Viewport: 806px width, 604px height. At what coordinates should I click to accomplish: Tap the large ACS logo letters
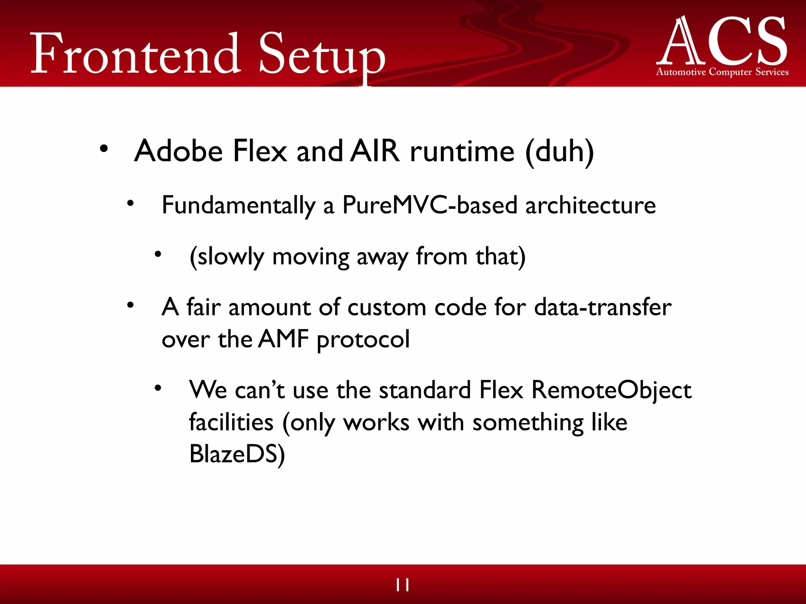[722, 41]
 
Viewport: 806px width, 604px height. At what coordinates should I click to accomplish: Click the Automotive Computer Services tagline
[722, 72]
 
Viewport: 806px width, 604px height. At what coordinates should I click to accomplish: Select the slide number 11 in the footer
[403, 585]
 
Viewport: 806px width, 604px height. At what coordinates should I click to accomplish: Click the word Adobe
[178, 151]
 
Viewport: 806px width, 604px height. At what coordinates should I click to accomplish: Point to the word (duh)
[560, 152]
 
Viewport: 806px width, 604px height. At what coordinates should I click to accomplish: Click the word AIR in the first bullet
[375, 151]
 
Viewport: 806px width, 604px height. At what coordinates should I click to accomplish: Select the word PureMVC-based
[429, 205]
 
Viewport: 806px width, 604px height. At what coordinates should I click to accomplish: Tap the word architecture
[590, 205]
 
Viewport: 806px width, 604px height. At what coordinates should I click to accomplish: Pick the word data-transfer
[603, 307]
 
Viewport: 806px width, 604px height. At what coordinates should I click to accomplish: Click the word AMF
[284, 339]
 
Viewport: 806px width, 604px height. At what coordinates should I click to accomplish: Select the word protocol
[363, 340]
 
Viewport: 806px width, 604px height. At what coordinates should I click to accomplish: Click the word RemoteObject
[611, 390]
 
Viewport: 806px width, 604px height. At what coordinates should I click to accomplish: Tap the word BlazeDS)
[237, 454]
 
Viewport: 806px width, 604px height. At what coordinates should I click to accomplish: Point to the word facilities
[231, 422]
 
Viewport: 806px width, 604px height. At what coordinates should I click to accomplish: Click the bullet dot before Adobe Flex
[104, 149]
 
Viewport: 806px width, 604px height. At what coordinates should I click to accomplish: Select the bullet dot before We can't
[158, 389]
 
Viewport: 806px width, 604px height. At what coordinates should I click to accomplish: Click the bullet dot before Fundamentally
[130, 203]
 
